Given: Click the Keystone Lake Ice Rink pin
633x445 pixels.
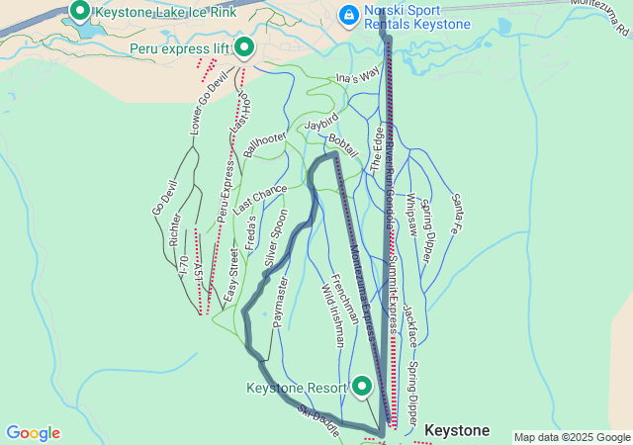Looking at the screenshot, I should [79, 11].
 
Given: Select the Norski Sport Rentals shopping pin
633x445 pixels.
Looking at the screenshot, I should [348, 16].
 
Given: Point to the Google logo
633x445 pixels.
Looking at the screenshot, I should [33, 433].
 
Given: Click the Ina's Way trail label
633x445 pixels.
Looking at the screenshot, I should [358, 74].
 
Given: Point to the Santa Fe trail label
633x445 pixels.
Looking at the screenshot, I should [460, 214].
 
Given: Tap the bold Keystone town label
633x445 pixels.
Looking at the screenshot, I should [457, 431].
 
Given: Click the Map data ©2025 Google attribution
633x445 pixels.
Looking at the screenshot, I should [572, 437].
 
